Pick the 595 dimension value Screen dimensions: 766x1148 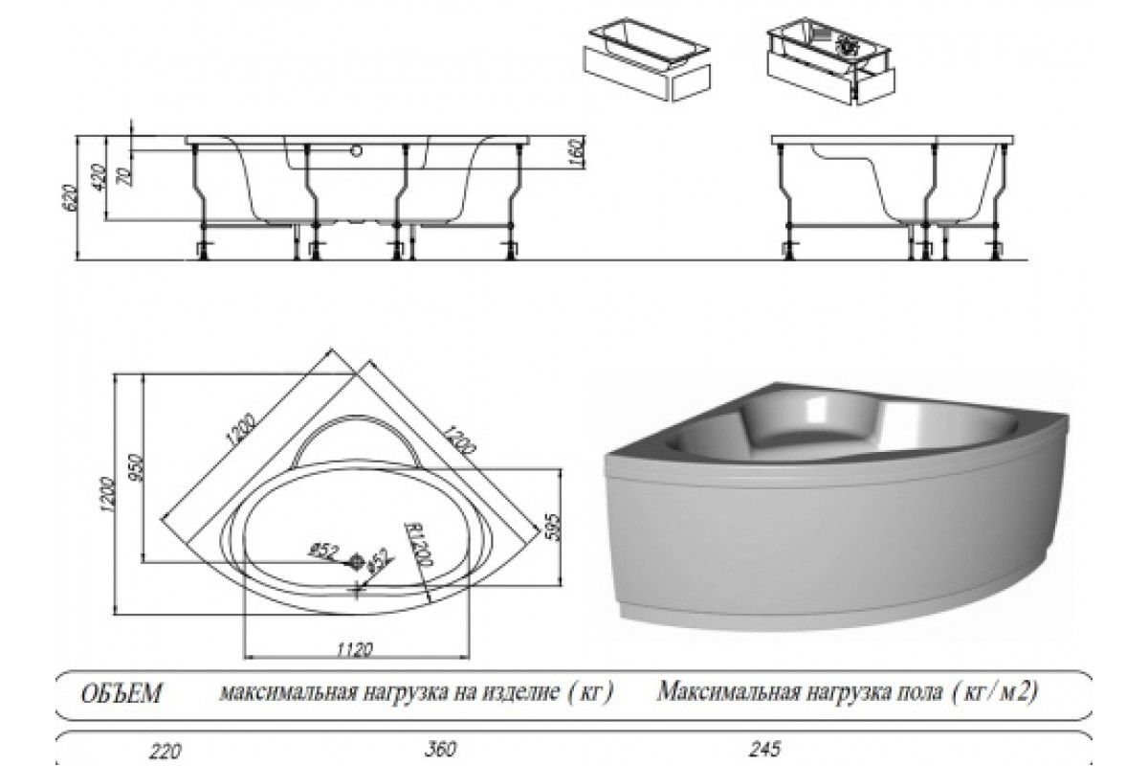point(550,525)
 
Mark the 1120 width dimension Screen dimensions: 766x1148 point(353,649)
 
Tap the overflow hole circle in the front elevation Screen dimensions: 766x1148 point(357,150)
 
